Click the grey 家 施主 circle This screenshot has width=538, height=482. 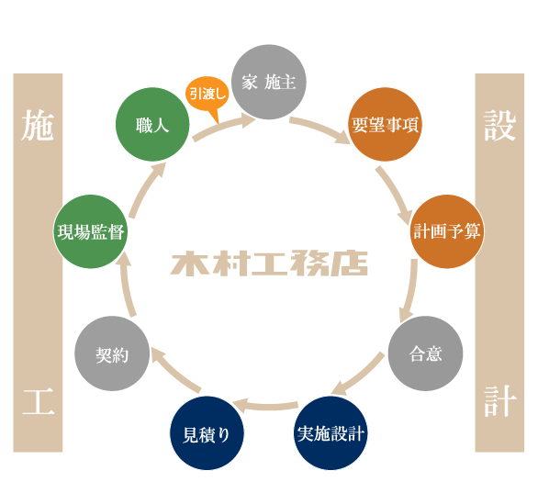tap(269, 83)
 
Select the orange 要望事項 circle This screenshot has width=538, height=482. tap(385, 125)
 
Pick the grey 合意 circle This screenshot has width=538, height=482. tap(425, 353)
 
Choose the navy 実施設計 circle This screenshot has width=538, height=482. tap(331, 432)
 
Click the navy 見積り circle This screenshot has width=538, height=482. tap(207, 432)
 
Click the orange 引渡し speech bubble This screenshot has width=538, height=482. tap(207, 95)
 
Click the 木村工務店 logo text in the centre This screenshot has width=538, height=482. tap(269, 264)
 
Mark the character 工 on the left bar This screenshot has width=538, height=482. tap(38, 401)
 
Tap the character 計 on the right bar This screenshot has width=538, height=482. tap(499, 401)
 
